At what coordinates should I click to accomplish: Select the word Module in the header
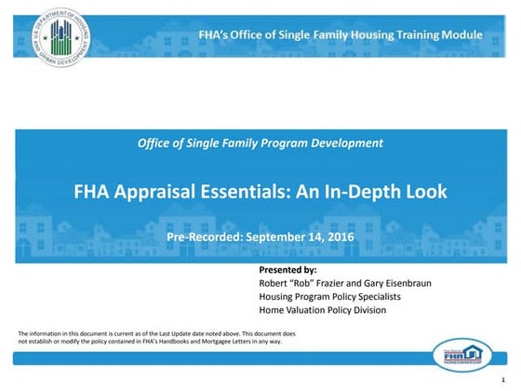click(x=462, y=34)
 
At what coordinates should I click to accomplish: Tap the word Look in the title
click(x=427, y=192)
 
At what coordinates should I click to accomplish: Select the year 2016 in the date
click(x=339, y=238)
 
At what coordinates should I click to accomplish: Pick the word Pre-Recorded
click(x=204, y=238)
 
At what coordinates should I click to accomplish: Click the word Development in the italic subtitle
click(x=344, y=142)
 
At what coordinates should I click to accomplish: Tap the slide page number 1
click(x=502, y=381)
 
